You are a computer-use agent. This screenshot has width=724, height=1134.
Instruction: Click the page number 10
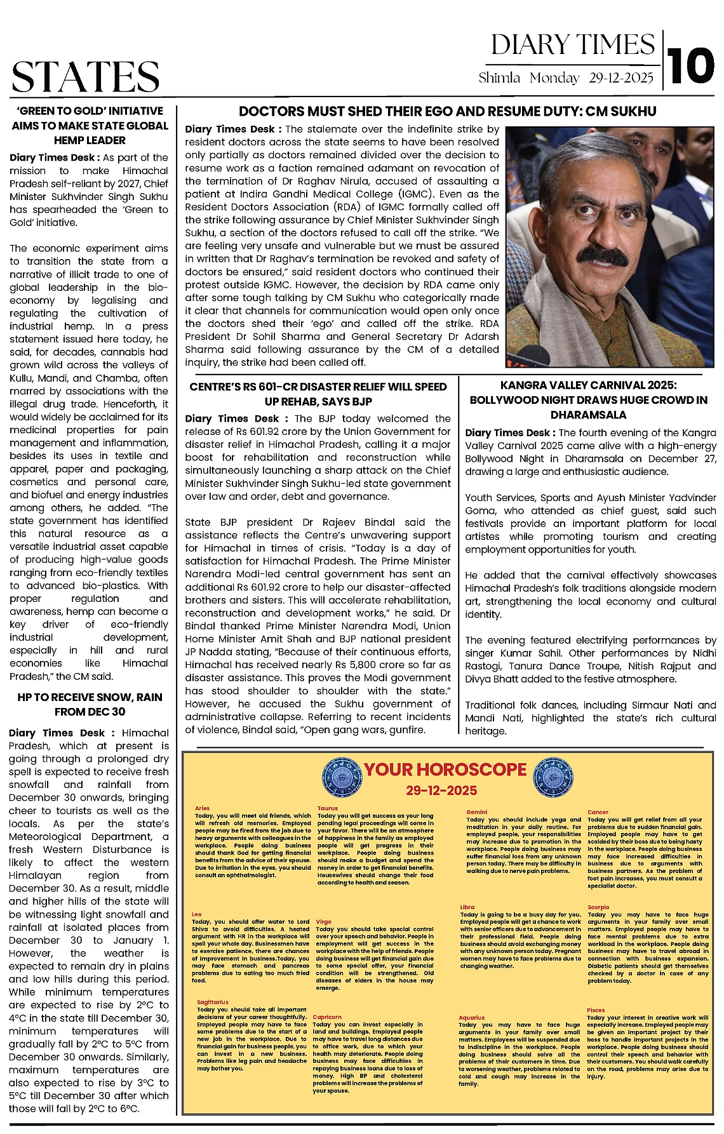coord(691,65)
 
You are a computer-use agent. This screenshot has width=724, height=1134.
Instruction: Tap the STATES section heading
coord(85,77)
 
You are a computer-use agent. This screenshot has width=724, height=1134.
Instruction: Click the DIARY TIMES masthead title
coord(573,45)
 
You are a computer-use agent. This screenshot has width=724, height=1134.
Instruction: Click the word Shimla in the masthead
coord(499,78)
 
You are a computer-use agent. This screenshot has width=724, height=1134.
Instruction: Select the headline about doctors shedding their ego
coord(447,112)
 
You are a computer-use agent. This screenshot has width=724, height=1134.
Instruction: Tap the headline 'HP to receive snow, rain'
coord(90,704)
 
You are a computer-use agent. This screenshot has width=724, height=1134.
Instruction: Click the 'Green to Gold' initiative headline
coord(90,125)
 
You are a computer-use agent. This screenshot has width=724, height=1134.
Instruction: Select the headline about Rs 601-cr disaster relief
coord(318,394)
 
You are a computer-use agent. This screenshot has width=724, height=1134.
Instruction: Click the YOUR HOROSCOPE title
coord(445,770)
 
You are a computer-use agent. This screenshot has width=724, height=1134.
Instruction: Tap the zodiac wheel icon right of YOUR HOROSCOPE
coord(553,775)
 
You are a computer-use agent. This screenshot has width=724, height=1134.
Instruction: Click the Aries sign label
coord(202,808)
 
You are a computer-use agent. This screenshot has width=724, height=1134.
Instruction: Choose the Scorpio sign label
coord(598,907)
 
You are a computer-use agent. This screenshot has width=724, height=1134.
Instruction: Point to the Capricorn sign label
coord(327,1017)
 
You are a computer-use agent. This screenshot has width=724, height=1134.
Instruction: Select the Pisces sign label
coord(596,1010)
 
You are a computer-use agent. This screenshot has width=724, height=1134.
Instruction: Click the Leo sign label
coord(197,914)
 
